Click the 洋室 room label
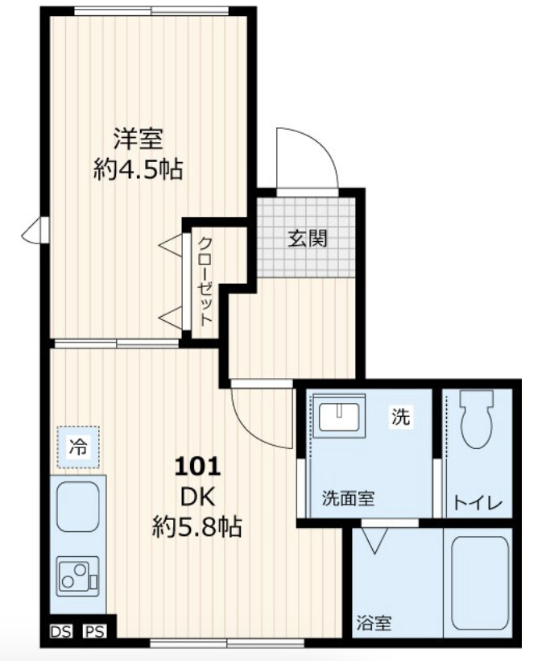138,139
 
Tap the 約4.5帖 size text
137,170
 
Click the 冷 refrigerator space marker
78,445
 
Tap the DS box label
60,631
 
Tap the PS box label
95,631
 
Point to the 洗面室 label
348,498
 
